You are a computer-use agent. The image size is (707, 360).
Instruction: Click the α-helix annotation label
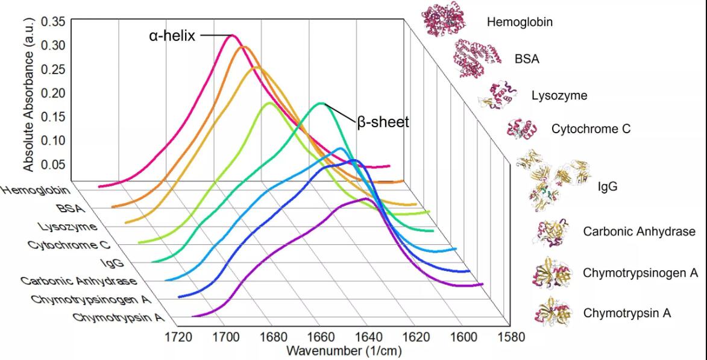(x=172, y=36)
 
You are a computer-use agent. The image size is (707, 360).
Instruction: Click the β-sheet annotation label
(x=383, y=122)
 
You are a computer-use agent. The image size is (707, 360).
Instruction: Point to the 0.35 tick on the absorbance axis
(x=53, y=22)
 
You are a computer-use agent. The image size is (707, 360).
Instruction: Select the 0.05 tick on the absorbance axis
(x=53, y=164)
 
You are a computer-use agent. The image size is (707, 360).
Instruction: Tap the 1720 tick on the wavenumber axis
(x=178, y=336)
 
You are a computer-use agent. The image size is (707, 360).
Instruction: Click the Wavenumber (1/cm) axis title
(x=344, y=350)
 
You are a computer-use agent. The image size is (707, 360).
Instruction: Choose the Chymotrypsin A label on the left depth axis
(x=118, y=318)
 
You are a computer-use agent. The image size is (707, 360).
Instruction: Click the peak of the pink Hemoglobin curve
(x=232, y=36)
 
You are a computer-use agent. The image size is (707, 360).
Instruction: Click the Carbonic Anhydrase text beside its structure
(x=639, y=232)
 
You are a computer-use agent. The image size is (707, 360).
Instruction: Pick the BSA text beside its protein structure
(x=527, y=60)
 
